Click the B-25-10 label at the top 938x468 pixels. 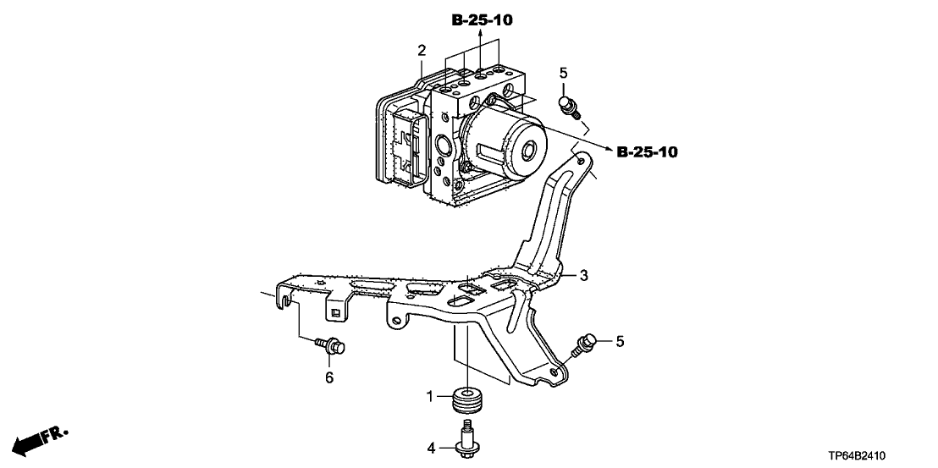coord(482,20)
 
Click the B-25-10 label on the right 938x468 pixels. coord(647,152)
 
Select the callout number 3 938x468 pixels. coord(584,276)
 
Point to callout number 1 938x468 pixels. coord(429,396)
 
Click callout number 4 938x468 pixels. coord(429,447)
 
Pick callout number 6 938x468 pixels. coord(329,377)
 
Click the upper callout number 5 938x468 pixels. coord(563,74)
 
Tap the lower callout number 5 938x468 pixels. coord(620,341)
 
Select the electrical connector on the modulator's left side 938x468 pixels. coord(408,146)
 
